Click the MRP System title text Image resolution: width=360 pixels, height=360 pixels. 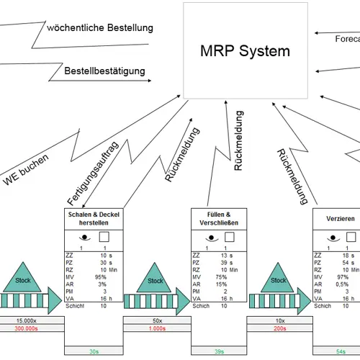click(246, 51)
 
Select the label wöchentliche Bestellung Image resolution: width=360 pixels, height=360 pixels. click(99, 28)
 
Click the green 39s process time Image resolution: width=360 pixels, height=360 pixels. click(218, 351)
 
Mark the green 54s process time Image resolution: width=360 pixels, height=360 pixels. click(341, 351)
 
